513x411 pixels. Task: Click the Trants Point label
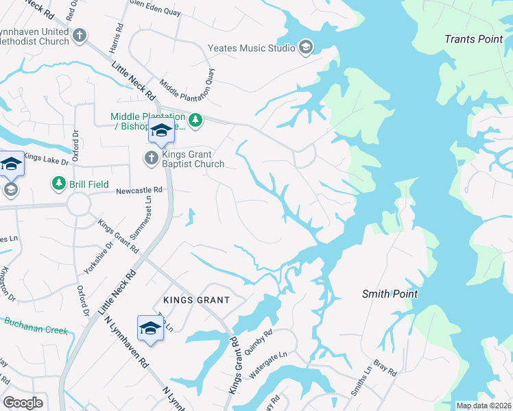point(473,39)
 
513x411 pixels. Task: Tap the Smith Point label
point(390,294)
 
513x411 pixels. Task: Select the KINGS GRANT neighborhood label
point(195,300)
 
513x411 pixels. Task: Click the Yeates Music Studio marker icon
point(306,47)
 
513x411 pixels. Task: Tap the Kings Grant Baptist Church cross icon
point(151,159)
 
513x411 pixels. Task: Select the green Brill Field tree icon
point(58,184)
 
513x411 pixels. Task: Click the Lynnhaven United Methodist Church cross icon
point(80,35)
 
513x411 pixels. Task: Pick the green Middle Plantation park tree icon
point(196,121)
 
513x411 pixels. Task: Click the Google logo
point(23,403)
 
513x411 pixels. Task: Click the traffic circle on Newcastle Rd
point(78,204)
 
